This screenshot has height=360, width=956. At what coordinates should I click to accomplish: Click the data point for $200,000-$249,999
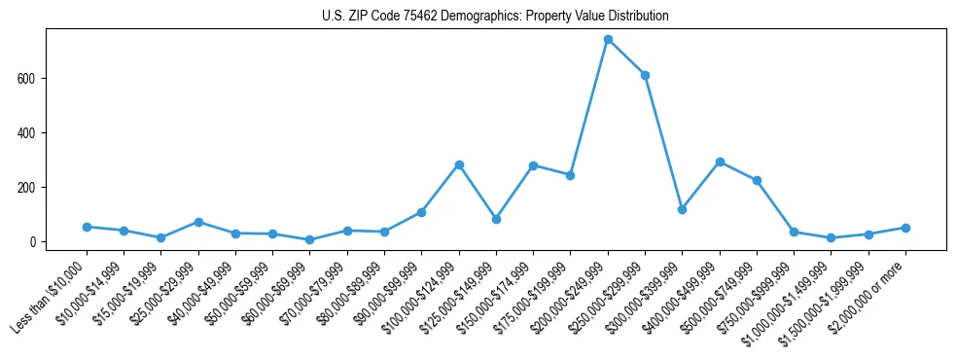pos(608,40)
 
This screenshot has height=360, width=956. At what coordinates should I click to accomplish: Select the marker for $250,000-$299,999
pos(645,75)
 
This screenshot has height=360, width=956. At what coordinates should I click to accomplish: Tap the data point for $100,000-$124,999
pos(459,164)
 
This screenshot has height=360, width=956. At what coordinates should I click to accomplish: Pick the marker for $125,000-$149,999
pos(496,219)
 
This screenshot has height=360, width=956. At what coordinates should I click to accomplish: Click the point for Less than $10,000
pos(87,227)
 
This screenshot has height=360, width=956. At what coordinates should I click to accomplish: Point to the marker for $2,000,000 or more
pos(905,228)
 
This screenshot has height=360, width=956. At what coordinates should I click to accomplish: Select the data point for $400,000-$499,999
pos(720,162)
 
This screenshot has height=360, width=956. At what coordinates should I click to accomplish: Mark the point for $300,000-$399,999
pos(682,209)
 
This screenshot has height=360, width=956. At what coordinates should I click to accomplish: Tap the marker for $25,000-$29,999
pos(198,222)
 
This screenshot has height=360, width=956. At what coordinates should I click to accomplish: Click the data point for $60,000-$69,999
pos(309,239)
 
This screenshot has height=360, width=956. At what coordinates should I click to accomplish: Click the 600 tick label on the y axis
pos(27,78)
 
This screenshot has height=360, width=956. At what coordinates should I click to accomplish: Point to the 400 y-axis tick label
pos(27,132)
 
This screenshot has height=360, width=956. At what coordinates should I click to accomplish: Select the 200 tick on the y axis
pos(27,187)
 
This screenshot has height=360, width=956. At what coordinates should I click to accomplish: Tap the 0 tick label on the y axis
pos(33,241)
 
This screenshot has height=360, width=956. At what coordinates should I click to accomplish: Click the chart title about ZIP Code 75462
pos(495,17)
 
